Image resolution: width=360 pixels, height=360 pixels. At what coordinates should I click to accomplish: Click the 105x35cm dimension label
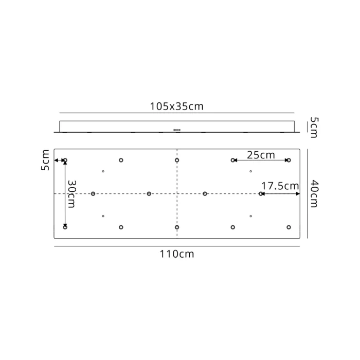point(176,106)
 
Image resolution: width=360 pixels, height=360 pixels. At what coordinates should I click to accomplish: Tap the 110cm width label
point(176,254)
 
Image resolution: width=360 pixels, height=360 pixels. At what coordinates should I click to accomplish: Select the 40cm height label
point(314,193)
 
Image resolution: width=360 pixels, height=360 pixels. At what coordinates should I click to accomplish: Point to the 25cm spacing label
point(261,154)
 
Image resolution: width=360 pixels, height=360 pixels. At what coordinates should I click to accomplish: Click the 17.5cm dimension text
point(280,186)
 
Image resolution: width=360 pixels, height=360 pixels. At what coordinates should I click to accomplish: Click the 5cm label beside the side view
point(314,127)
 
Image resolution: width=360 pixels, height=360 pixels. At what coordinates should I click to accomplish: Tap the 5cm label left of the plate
point(45,160)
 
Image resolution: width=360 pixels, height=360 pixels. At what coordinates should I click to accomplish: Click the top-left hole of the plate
point(65,160)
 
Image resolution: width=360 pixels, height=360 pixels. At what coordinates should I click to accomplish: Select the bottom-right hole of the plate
point(289,227)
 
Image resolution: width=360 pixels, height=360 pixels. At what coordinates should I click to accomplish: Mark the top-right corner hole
point(289,160)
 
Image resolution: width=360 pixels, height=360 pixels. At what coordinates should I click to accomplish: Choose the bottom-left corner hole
point(65,227)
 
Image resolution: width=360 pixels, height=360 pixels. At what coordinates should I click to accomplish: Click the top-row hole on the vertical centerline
point(177,160)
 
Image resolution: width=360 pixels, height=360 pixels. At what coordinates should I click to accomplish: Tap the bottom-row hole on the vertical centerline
point(177,227)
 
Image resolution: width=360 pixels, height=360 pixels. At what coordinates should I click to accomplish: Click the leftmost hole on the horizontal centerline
point(93,194)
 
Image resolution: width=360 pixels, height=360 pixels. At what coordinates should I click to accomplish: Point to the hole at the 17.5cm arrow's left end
point(261,194)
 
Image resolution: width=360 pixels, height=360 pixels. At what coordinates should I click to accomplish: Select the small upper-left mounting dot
point(103,171)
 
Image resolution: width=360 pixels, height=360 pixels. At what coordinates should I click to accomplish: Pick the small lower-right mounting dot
point(250,216)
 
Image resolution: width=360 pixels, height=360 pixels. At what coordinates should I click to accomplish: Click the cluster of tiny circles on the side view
point(177,130)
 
